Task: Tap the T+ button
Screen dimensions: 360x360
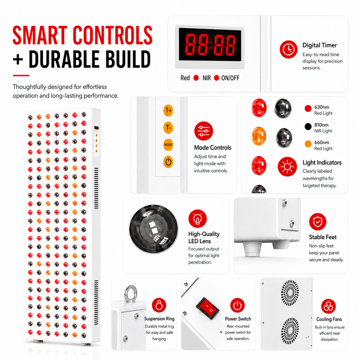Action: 168,110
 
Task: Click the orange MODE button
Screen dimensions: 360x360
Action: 168,145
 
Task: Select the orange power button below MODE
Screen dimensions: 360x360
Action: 168,162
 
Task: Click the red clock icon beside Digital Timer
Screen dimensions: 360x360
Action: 288,49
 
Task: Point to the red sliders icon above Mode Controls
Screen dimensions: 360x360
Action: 204,131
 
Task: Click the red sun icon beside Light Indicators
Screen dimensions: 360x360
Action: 287,167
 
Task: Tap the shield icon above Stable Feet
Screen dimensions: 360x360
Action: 318,222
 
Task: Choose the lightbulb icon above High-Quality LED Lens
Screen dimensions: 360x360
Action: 198,218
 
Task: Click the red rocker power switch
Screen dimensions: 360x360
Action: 207,308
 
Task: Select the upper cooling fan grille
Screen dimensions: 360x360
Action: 290,293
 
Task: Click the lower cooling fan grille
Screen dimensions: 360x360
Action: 290,330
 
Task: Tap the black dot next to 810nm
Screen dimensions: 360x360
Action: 308,127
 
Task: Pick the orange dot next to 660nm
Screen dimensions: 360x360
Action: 308,144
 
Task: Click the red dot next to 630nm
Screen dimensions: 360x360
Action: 308,108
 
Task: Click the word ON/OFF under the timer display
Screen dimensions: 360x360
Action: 230,78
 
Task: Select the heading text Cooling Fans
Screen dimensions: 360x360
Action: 329,319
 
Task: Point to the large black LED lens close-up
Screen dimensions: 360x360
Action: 154,229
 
